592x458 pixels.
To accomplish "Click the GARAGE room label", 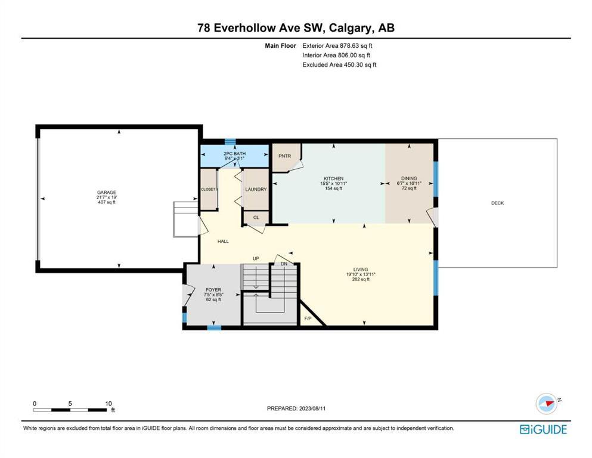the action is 107,192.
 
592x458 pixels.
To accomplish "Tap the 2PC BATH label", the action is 234,154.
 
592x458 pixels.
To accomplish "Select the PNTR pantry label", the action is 285,156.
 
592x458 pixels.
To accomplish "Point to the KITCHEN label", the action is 333,178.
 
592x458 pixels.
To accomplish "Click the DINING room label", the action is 409,178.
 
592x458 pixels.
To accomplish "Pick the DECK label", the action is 497,203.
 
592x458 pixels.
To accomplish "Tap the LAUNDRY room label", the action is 256,190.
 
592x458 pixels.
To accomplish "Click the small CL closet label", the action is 256,218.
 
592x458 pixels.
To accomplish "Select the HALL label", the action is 223,242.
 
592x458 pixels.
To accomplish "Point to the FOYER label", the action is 213,290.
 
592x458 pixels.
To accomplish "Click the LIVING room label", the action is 361,270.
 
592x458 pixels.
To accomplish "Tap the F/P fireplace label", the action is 308,318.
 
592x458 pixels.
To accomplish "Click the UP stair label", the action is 256,259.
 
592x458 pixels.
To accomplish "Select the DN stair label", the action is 284,264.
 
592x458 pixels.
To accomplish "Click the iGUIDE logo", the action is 543,429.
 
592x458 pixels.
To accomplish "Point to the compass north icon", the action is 547,403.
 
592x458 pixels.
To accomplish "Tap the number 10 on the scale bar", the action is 109,404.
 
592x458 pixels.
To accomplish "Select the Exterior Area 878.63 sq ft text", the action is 337,46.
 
